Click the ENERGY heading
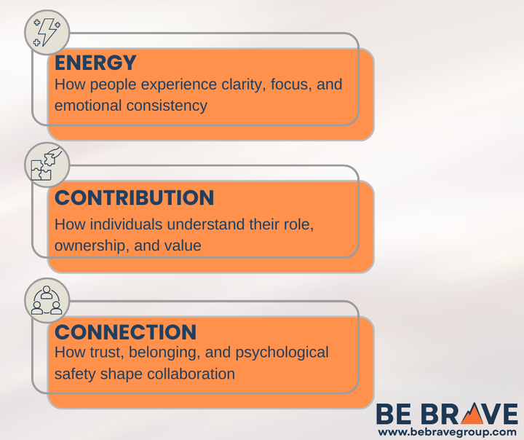click(95, 63)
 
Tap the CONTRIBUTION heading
click(134, 197)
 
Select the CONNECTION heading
click(125, 332)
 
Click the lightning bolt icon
click(47, 32)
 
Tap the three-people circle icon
click(47, 300)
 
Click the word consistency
click(167, 106)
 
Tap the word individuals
click(126, 224)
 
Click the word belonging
click(164, 353)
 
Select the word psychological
click(282, 353)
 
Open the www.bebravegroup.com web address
click(448, 432)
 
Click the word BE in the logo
click(394, 415)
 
